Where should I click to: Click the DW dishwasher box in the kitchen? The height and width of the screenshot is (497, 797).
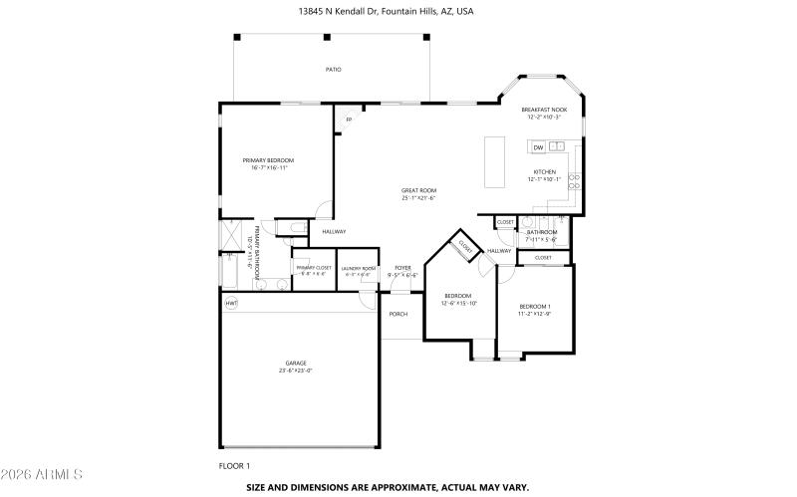point(538,147)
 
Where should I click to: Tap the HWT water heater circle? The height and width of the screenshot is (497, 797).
point(231,302)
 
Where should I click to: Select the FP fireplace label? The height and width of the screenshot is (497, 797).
point(349,121)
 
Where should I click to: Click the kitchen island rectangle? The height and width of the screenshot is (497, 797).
point(494,160)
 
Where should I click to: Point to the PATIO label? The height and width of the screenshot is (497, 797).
point(333,70)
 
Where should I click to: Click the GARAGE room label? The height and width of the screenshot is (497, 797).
point(296,364)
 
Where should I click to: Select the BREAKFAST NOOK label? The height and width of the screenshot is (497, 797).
point(544,110)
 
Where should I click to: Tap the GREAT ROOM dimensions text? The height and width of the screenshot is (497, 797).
point(419,198)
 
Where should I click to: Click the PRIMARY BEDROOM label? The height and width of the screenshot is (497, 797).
point(269,160)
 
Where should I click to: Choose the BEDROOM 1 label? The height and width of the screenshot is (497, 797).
point(534,306)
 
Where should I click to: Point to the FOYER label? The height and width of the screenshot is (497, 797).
point(402,268)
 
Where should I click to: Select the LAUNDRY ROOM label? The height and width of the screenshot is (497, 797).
point(358,268)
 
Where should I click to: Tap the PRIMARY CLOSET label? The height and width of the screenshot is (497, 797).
point(313,268)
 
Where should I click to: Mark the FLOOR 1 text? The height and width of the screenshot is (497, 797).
point(234,465)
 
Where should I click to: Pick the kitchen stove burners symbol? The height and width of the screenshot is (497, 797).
point(575,173)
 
